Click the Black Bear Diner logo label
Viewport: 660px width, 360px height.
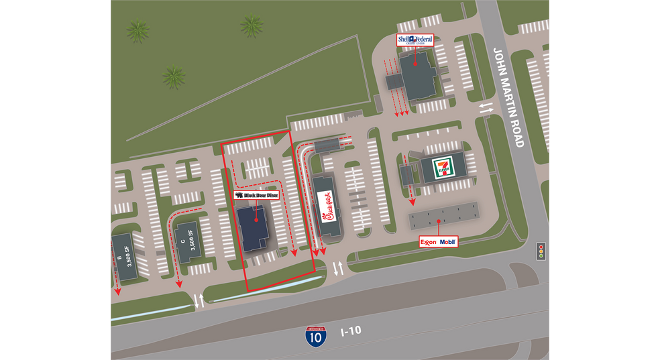256,195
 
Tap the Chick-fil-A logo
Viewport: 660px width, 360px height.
325,206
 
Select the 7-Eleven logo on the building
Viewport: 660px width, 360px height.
440,166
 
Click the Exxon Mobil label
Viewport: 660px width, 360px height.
438,241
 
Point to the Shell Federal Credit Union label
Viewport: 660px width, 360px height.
415,40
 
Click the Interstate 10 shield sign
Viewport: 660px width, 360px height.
315,335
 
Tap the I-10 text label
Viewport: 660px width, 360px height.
351,331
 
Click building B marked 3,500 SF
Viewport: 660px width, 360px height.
125,257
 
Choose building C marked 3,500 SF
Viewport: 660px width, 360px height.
187,241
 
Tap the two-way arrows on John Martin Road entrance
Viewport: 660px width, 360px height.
486,107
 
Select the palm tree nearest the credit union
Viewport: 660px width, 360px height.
251,26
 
